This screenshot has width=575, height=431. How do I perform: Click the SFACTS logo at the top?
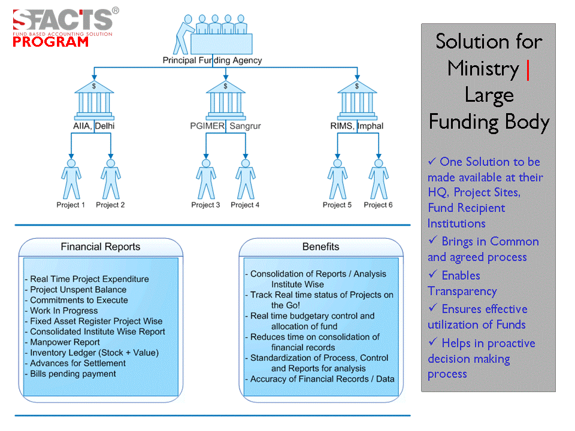(63, 20)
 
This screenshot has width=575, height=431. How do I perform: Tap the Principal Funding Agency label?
(212, 60)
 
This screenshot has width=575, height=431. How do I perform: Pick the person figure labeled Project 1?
(71, 178)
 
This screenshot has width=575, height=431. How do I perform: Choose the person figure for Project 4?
(245, 178)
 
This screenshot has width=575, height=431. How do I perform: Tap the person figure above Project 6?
(378, 178)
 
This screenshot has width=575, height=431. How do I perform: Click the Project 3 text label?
(205, 205)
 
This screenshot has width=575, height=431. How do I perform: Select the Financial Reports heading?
(101, 247)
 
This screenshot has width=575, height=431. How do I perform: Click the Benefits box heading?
(320, 247)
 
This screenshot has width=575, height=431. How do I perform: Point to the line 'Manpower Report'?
(65, 342)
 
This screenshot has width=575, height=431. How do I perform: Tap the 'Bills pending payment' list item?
(73, 374)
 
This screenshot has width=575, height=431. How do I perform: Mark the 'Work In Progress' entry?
(63, 311)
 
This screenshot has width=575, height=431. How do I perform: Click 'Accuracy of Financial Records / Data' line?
(322, 379)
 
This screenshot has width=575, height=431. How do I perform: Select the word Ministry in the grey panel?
(483, 68)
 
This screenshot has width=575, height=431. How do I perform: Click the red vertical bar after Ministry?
(528, 69)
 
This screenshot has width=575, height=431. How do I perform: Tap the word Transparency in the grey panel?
(462, 292)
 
